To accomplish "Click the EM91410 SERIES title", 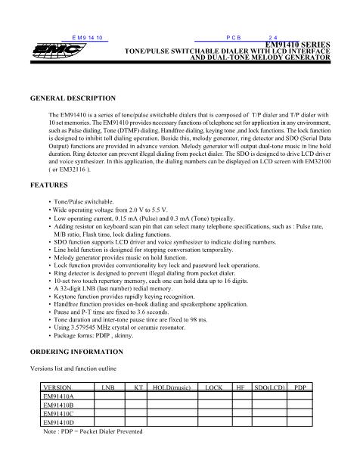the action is (299, 45).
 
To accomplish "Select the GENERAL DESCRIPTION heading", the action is (73, 98).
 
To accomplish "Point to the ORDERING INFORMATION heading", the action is (76, 353).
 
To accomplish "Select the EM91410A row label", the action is (58, 396).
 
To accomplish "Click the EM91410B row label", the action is (58, 405).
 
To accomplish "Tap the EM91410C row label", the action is (58, 414).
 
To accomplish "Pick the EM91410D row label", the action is (58, 423).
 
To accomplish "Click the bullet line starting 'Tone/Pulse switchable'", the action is (82, 202).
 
